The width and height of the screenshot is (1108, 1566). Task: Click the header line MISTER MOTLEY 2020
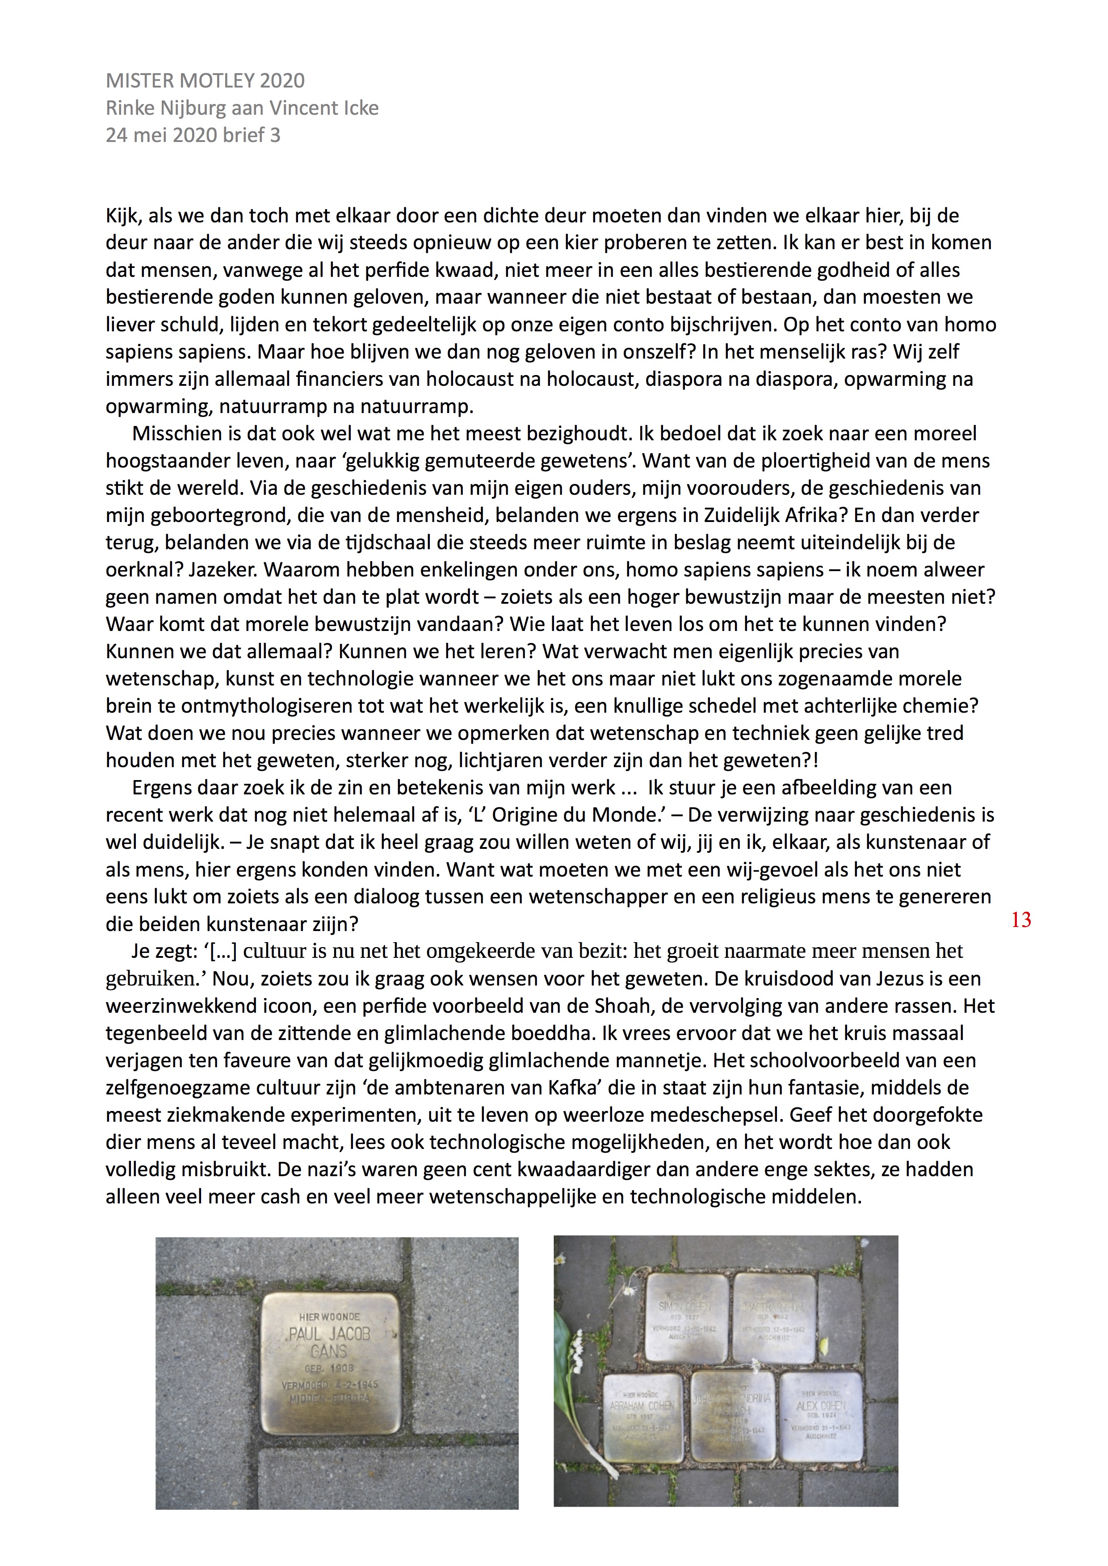[205, 80]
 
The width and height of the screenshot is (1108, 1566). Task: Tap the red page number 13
[1021, 920]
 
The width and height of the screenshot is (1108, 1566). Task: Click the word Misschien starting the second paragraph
[177, 434]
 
